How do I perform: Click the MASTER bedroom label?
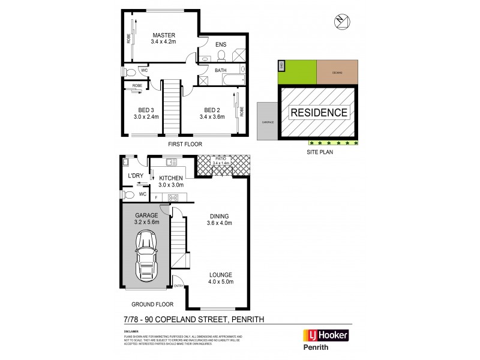[x=163, y=35]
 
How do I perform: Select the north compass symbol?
[x=341, y=22]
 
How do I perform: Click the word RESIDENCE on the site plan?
[x=319, y=112]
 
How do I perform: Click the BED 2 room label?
[x=211, y=110]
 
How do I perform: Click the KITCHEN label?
[x=171, y=178]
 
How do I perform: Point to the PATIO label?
[x=219, y=158]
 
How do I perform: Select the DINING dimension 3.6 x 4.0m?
[x=220, y=223]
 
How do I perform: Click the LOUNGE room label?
[x=221, y=274]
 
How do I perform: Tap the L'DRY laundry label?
[x=135, y=176]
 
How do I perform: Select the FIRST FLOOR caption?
[x=185, y=145]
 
